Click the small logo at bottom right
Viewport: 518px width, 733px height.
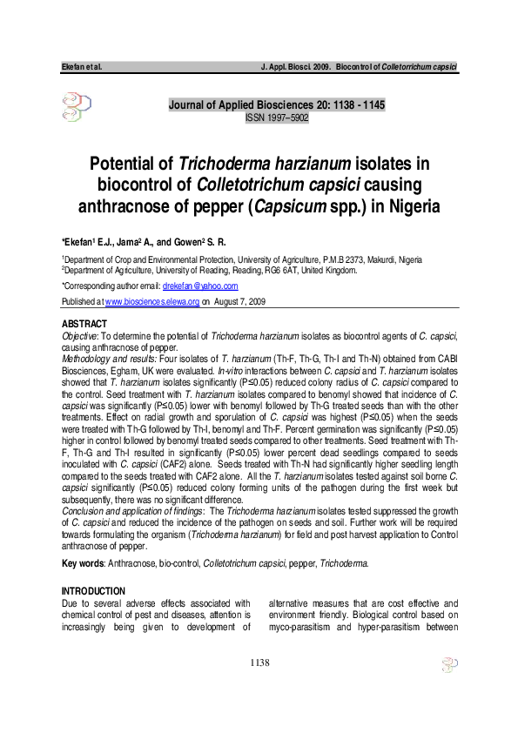(x=449, y=668)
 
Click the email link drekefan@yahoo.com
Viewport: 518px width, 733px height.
(x=200, y=286)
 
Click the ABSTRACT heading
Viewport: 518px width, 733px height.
(x=83, y=324)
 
